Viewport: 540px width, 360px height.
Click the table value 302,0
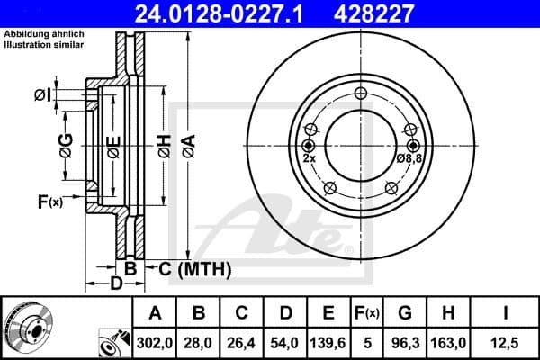(156, 341)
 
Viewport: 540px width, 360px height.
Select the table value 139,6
(328, 341)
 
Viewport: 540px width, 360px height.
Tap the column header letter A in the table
(156, 312)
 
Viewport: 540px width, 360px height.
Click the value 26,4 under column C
(242, 341)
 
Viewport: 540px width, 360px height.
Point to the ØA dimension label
(187, 144)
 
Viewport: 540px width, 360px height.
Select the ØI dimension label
(42, 94)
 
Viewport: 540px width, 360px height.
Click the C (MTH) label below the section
(195, 268)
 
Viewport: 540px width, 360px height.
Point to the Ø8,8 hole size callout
(408, 158)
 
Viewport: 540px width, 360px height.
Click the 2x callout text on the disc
(309, 158)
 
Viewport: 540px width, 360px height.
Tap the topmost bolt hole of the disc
(361, 94)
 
